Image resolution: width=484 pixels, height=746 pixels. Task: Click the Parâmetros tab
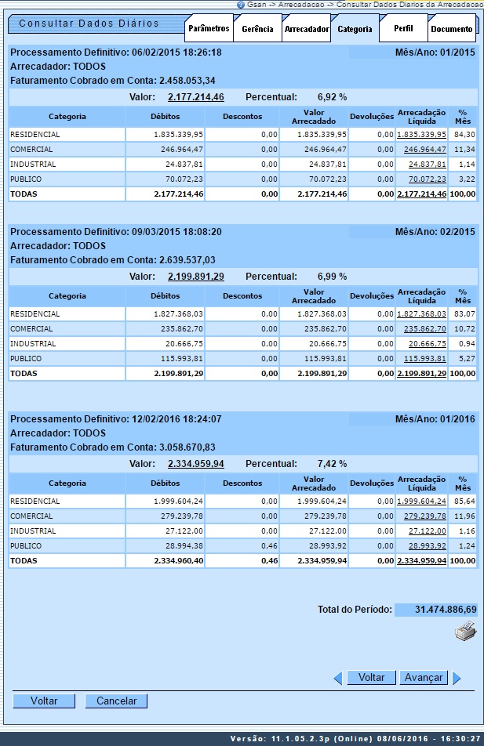(209, 29)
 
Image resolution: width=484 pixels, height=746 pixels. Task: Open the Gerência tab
(257, 29)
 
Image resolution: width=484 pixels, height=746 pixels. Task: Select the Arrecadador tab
(306, 29)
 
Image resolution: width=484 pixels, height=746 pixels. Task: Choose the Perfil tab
(403, 29)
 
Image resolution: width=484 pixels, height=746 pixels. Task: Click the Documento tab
(452, 29)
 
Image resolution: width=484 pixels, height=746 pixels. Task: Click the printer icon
(465, 631)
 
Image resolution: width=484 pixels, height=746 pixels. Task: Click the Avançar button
(423, 678)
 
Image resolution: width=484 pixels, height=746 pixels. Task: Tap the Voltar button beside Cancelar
(44, 701)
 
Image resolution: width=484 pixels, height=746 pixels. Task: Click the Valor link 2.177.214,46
(196, 97)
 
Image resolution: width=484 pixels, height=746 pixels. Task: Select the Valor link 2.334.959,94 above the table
(196, 464)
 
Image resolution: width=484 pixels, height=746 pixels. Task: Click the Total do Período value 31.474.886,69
(436, 609)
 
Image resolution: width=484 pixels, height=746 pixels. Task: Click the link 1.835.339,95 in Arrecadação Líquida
(421, 135)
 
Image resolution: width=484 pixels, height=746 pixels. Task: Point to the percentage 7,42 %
(332, 464)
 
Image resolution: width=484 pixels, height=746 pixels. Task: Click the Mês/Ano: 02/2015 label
(435, 232)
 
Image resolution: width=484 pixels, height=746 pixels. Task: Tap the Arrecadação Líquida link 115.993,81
(424, 359)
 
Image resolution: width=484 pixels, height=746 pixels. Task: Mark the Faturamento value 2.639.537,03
(187, 259)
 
